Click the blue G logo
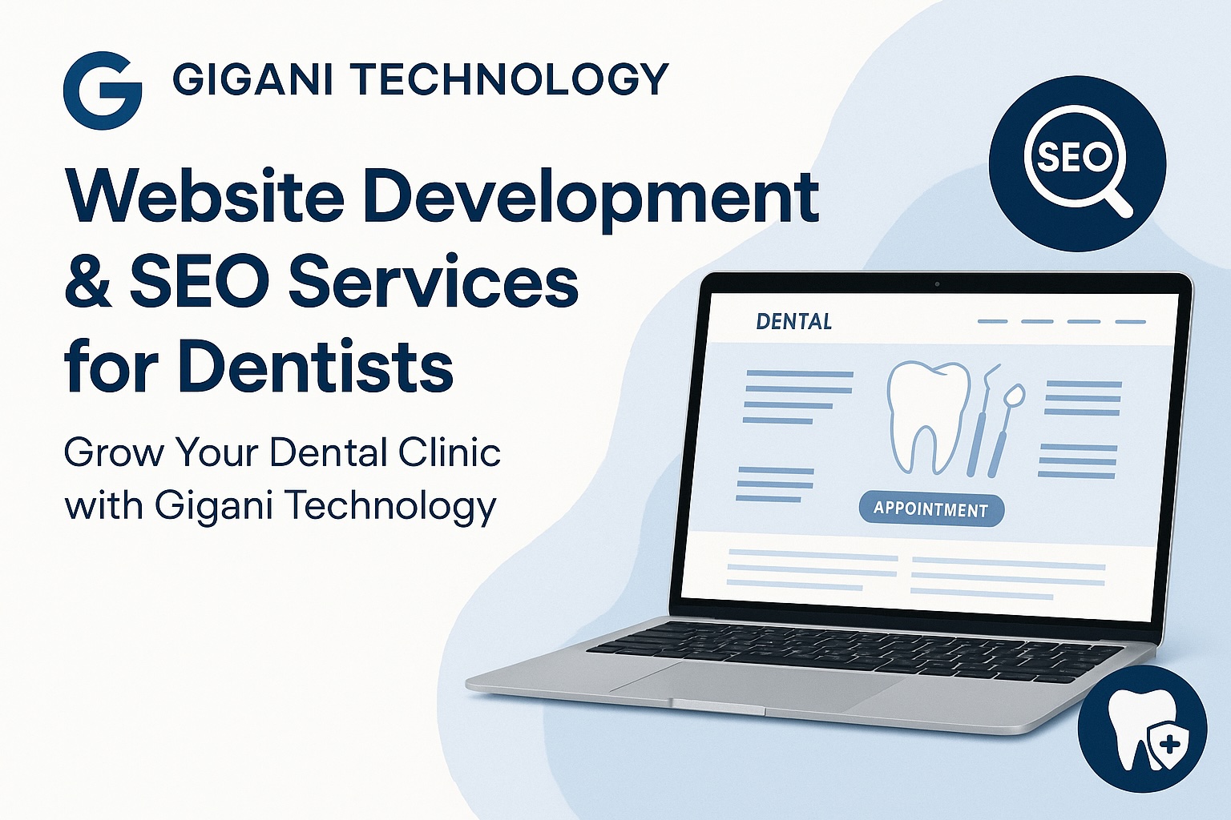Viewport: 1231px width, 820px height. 103,90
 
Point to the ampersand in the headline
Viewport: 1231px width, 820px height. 87,283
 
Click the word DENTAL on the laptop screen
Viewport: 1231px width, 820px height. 793,322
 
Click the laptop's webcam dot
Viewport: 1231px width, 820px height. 936,283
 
